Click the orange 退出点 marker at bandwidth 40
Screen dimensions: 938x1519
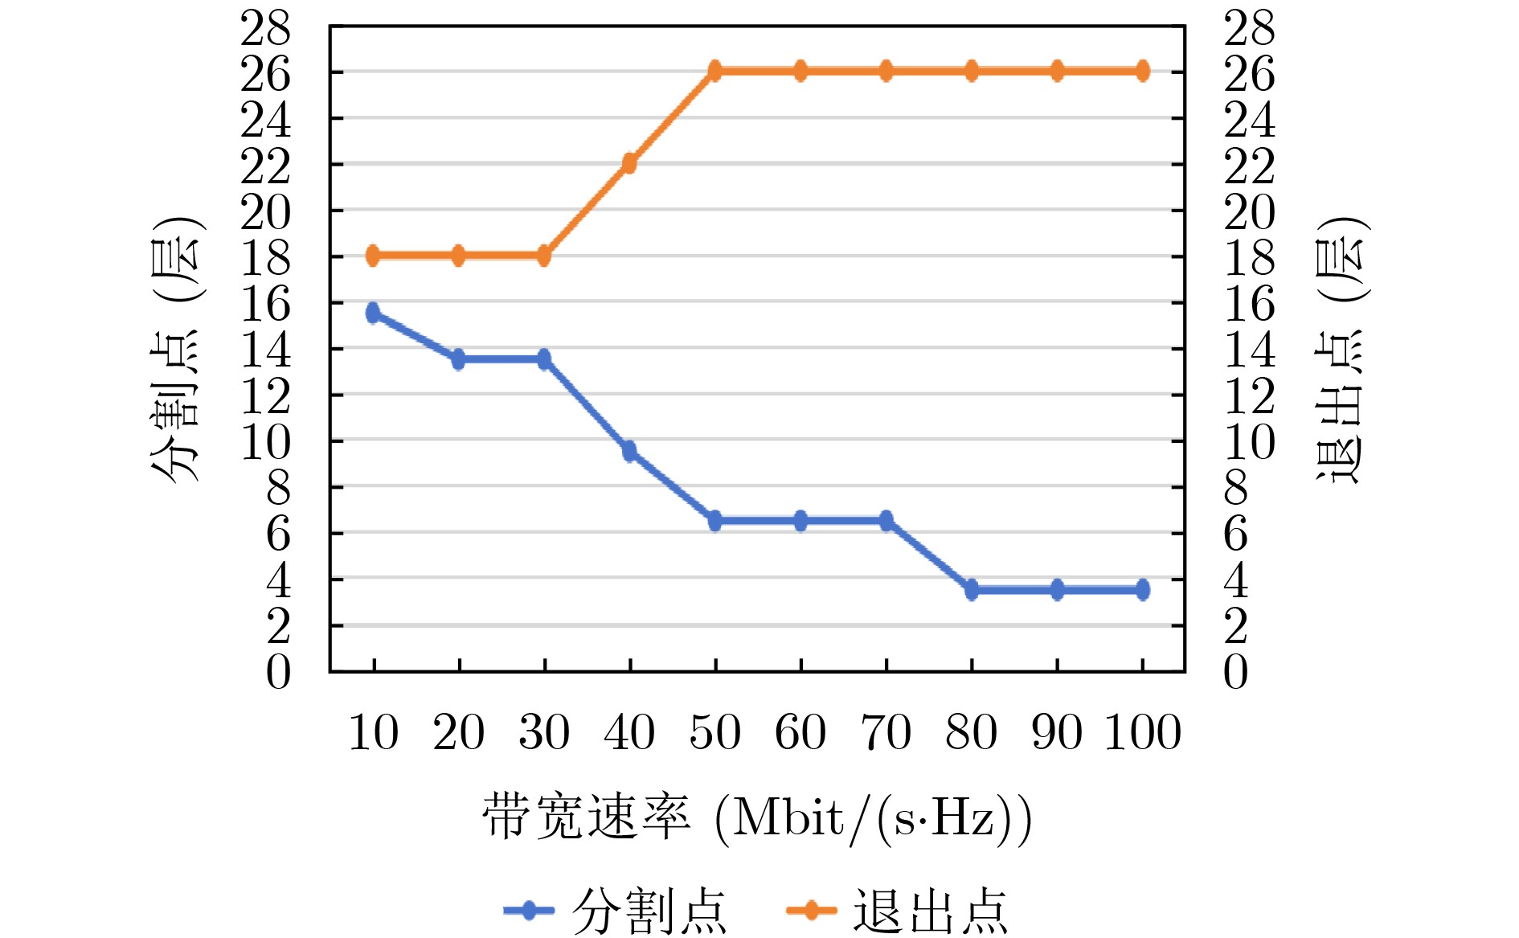629,163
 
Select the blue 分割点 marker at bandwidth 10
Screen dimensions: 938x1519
373,313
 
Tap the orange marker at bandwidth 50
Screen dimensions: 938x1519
715,71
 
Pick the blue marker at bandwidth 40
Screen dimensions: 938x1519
629,451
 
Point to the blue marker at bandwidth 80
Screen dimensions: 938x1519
972,590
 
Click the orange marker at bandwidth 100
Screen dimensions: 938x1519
1143,71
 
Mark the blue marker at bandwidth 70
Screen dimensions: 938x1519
886,521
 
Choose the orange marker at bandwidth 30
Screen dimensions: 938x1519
544,256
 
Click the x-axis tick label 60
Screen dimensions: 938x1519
800,732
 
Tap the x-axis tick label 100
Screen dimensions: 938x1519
1143,732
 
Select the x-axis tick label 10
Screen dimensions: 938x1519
373,732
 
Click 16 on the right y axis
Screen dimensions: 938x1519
1249,305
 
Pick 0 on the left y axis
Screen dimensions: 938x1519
278,672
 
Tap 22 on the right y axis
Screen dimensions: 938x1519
1249,167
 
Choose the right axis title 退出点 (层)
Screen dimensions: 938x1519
1340,350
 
